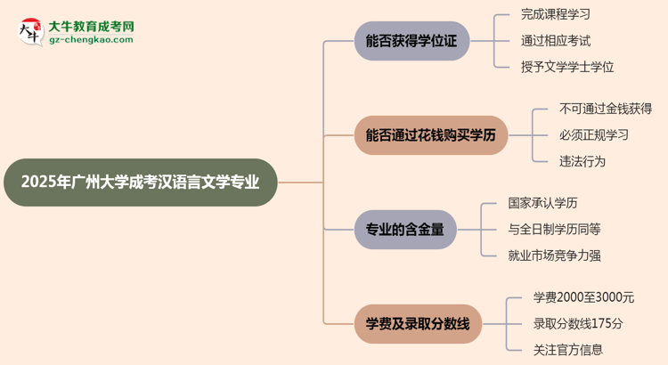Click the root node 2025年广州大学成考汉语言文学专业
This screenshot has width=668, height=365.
141,182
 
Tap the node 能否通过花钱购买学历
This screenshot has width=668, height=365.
430,135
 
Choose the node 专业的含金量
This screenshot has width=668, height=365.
405,229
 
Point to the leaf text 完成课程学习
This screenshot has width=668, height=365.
555,14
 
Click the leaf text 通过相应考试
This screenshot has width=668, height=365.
555,40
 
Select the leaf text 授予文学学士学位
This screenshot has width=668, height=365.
567,67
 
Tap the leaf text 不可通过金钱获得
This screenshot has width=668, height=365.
606,109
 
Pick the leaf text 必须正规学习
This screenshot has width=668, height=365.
593,135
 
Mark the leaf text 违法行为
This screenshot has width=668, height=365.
582,161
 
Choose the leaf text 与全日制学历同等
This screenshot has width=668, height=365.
555,229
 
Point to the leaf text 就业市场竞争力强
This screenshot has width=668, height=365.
555,255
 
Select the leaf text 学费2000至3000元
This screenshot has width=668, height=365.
583,297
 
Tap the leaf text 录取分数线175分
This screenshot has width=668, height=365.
578,323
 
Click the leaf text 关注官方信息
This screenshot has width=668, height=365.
567,350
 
